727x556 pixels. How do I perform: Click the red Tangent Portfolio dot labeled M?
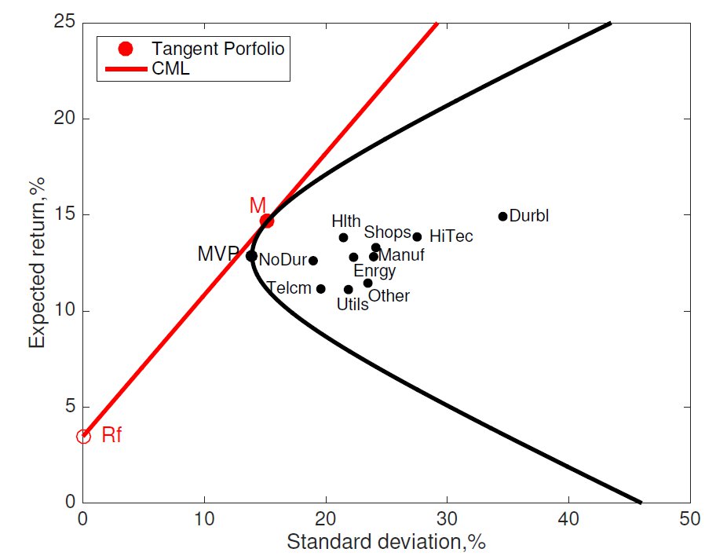tap(267, 221)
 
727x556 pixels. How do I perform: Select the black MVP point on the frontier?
tap(251, 255)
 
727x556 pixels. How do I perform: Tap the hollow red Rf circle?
tap(83, 436)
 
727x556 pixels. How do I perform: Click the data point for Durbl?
tap(503, 216)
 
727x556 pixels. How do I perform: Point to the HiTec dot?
tap(417, 236)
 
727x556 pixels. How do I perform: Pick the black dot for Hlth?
tap(343, 237)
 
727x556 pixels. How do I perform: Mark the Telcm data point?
tap(320, 288)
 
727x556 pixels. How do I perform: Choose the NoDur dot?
tap(313, 260)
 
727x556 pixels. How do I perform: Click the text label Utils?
tap(353, 305)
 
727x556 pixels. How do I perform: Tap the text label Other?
tap(389, 296)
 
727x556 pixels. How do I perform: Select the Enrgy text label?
tap(374, 272)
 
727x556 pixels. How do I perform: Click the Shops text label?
tap(387, 232)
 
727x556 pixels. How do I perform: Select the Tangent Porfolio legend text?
tap(217, 49)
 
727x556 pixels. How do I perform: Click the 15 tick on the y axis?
tap(63, 214)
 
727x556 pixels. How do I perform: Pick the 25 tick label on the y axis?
tap(63, 23)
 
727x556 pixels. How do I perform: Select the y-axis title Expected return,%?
tap(37, 262)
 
